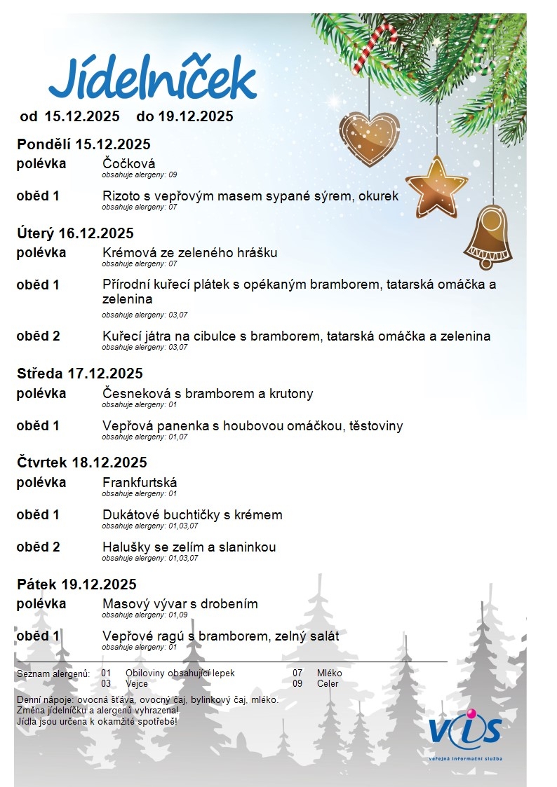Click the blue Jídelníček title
click(152, 79)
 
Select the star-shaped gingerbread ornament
click(436, 186)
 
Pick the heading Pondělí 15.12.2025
click(83, 145)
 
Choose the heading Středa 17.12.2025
click(79, 374)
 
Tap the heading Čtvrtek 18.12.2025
click(82, 463)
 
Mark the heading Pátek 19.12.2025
click(76, 584)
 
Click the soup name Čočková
click(128, 164)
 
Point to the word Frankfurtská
click(140, 482)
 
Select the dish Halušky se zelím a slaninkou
click(189, 547)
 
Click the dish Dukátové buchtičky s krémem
click(192, 514)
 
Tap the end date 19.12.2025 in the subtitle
click(185, 116)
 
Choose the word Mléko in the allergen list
click(329, 673)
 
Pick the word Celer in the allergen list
click(328, 683)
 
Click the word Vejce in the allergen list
click(137, 683)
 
